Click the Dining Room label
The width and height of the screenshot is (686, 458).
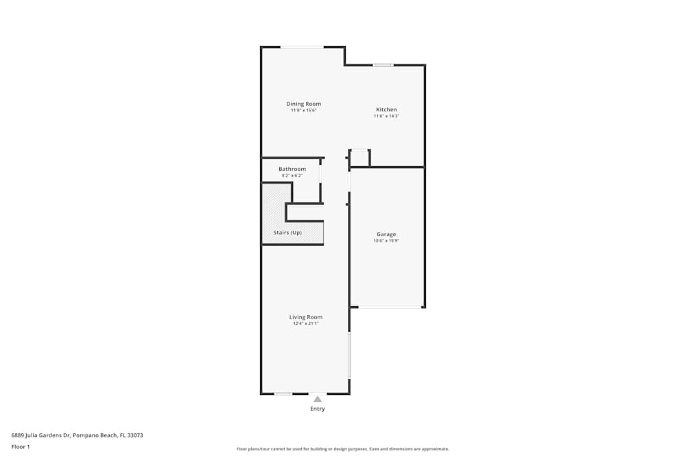(x=303, y=104)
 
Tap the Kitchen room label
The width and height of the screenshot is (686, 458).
(x=386, y=110)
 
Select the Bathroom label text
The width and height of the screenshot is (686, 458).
(x=292, y=169)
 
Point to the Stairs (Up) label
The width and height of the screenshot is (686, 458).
(x=287, y=233)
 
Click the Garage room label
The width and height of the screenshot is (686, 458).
(x=386, y=234)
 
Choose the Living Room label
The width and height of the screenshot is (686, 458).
(x=306, y=317)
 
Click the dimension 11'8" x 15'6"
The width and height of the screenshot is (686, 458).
(x=303, y=111)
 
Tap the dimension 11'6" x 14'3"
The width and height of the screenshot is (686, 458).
(x=386, y=117)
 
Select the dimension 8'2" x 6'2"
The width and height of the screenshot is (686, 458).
(x=292, y=176)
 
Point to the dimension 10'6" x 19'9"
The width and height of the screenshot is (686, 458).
(x=386, y=241)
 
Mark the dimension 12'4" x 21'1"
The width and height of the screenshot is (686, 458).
(x=306, y=324)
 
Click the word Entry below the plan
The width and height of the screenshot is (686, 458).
(x=318, y=409)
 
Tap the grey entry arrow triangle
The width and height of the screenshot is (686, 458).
(x=318, y=399)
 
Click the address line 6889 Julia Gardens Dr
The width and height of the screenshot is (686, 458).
(x=77, y=435)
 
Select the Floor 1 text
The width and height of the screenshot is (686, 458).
(x=21, y=446)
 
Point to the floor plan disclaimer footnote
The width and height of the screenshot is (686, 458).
(x=343, y=449)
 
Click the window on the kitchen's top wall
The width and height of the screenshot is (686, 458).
(x=383, y=65)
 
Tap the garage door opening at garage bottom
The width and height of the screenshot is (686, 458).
(x=390, y=307)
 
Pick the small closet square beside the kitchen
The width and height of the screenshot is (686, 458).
(x=359, y=158)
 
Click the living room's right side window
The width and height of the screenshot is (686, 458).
(x=349, y=355)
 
